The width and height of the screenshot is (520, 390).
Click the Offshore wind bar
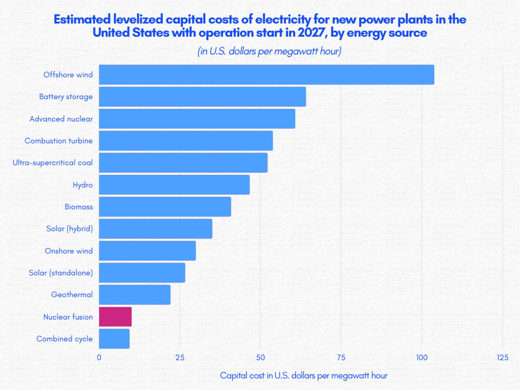266,75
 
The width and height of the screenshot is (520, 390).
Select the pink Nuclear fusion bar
115,317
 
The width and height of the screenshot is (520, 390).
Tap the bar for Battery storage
202,97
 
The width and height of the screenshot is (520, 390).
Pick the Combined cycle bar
114,339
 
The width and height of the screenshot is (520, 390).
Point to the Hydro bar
174,185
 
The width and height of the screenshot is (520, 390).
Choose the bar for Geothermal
135,295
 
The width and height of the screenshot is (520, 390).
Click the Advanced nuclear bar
197,119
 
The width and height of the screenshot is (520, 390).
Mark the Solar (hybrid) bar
155,229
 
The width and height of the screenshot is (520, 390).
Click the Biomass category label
79,207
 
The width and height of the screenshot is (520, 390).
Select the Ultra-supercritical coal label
53,163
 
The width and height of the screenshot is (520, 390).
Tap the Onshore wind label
69,251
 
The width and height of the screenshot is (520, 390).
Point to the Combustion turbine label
58,141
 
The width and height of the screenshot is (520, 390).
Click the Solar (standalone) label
61,273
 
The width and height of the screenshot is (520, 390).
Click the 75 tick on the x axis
341,357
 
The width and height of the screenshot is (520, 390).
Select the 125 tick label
502,357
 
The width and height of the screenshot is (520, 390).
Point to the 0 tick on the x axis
99,357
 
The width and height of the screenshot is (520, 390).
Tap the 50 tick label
260,357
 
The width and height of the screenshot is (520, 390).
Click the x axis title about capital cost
304,375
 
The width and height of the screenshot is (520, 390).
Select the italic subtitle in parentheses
269,51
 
